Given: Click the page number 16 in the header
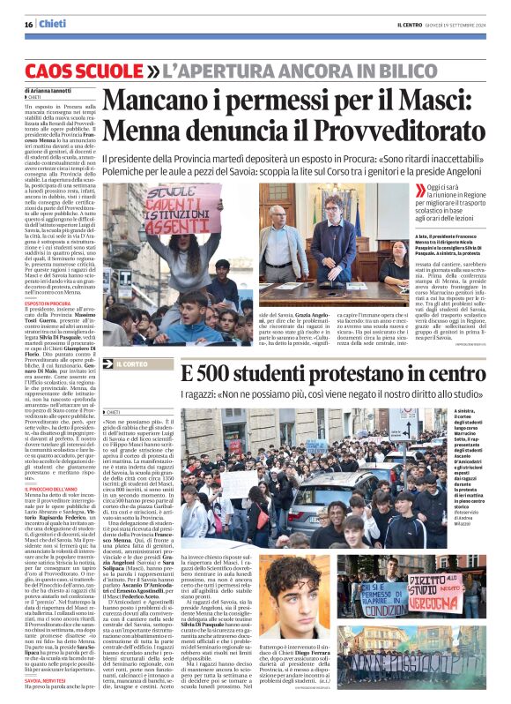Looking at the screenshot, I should [x=28, y=25].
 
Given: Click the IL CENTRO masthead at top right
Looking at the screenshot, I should [x=414, y=25].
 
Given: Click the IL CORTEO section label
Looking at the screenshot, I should [x=136, y=363].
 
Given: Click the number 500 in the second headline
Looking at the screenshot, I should [x=226, y=375].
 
